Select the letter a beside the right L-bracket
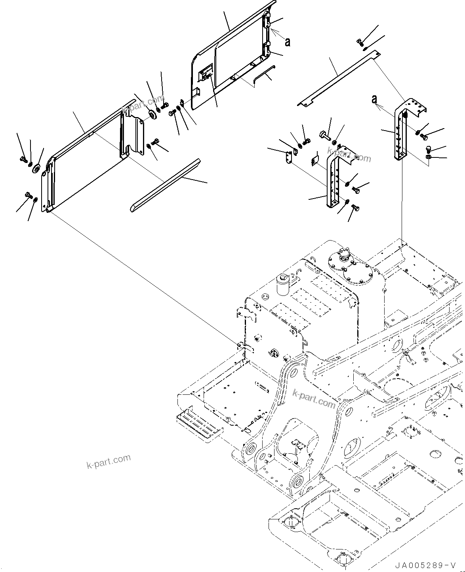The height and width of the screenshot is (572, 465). [x=374, y=99]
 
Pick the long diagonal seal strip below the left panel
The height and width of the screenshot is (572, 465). [x=166, y=185]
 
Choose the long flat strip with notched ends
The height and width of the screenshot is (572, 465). [x=337, y=79]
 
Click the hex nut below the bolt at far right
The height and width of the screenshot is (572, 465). [x=429, y=158]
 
